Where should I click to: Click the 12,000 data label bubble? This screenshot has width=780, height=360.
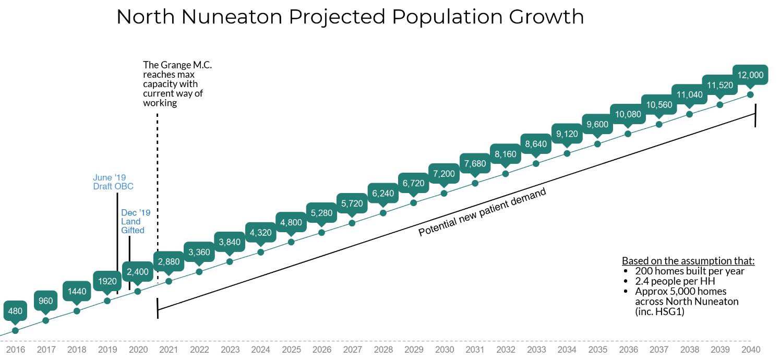[x=750, y=75]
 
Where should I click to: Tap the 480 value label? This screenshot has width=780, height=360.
[x=15, y=311]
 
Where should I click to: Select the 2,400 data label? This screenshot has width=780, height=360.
[x=138, y=272]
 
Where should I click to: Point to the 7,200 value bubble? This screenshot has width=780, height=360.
[x=444, y=174]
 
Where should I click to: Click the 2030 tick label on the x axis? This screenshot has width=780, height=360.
[x=444, y=350]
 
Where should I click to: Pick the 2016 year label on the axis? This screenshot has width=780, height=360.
[x=15, y=350]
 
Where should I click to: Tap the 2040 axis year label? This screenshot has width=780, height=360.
[x=750, y=350]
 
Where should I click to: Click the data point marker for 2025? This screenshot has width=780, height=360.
[x=291, y=242]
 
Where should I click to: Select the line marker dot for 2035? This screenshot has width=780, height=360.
[x=597, y=143]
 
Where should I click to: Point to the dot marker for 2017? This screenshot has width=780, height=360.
[x=46, y=320]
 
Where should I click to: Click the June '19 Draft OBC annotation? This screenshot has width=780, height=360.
[x=113, y=182]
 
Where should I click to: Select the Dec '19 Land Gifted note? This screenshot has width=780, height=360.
[x=135, y=221]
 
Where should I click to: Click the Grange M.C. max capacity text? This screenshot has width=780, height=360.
[x=177, y=83]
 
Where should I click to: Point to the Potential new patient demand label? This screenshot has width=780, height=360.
[x=482, y=212]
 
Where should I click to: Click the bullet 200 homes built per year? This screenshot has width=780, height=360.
[x=689, y=271]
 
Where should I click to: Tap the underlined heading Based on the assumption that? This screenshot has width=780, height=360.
[x=688, y=261]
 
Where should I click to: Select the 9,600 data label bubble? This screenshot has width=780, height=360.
[x=597, y=124]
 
